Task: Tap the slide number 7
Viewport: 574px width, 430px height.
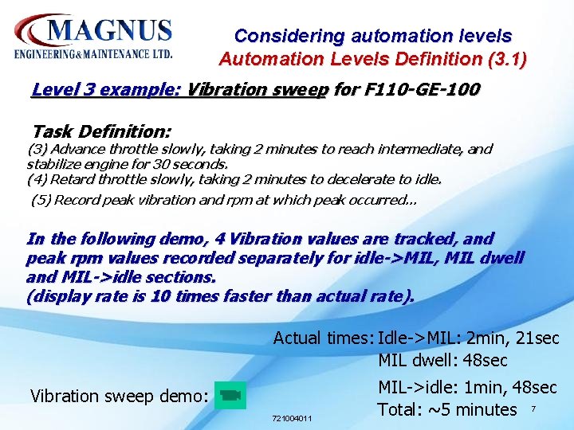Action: pos(534,409)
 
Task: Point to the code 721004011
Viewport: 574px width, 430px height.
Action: pos(293,418)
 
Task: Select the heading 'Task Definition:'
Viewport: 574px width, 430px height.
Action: pos(101,131)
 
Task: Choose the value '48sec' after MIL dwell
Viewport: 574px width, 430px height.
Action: pos(485,361)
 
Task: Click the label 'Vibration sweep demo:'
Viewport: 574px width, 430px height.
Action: pos(120,396)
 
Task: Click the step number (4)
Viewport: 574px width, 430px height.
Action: pos(37,178)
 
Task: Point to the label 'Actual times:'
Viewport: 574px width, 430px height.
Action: pos(323,338)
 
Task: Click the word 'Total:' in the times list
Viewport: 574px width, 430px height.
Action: pos(399,410)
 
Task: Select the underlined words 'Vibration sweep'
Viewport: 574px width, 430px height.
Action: pos(256,89)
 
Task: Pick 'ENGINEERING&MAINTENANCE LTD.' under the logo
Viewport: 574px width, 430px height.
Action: pos(93,54)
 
